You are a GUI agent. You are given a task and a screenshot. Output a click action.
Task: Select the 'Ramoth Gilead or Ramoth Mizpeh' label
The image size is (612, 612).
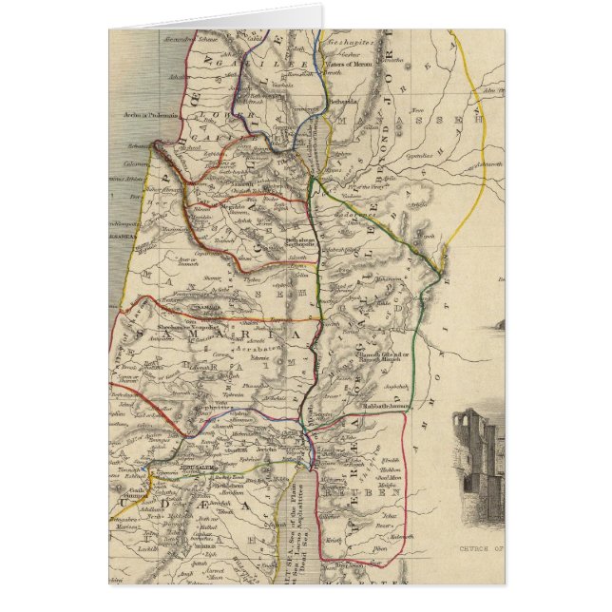tap(385, 357)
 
